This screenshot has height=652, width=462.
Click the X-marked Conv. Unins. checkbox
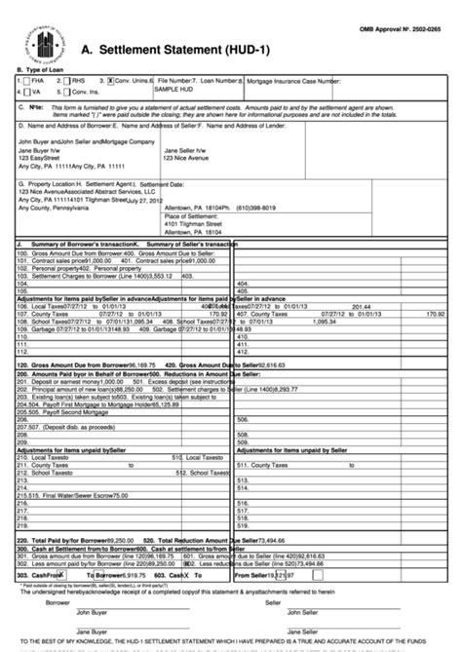[111, 83]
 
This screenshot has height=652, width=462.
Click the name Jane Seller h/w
[185, 151]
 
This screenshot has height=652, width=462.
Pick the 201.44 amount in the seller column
[362, 306]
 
